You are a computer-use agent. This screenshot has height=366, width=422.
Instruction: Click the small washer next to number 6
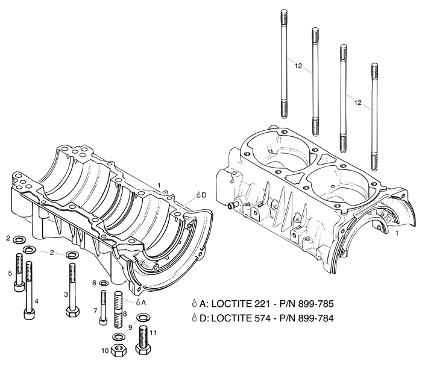(x=103, y=283)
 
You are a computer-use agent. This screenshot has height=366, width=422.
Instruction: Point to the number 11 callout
(x=154, y=332)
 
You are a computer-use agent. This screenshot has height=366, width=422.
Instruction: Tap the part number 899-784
(x=313, y=318)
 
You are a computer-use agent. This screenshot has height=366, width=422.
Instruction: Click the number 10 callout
(x=104, y=349)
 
